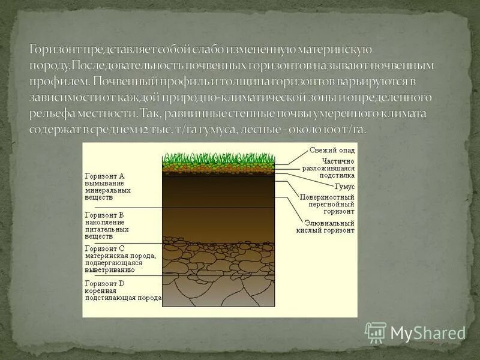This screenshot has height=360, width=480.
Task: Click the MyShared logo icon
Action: point(376,332)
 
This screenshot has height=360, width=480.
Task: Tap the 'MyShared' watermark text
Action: point(428,333)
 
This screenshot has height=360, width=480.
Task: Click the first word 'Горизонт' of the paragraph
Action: point(58,49)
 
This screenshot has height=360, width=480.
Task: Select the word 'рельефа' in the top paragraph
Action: point(50,113)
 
